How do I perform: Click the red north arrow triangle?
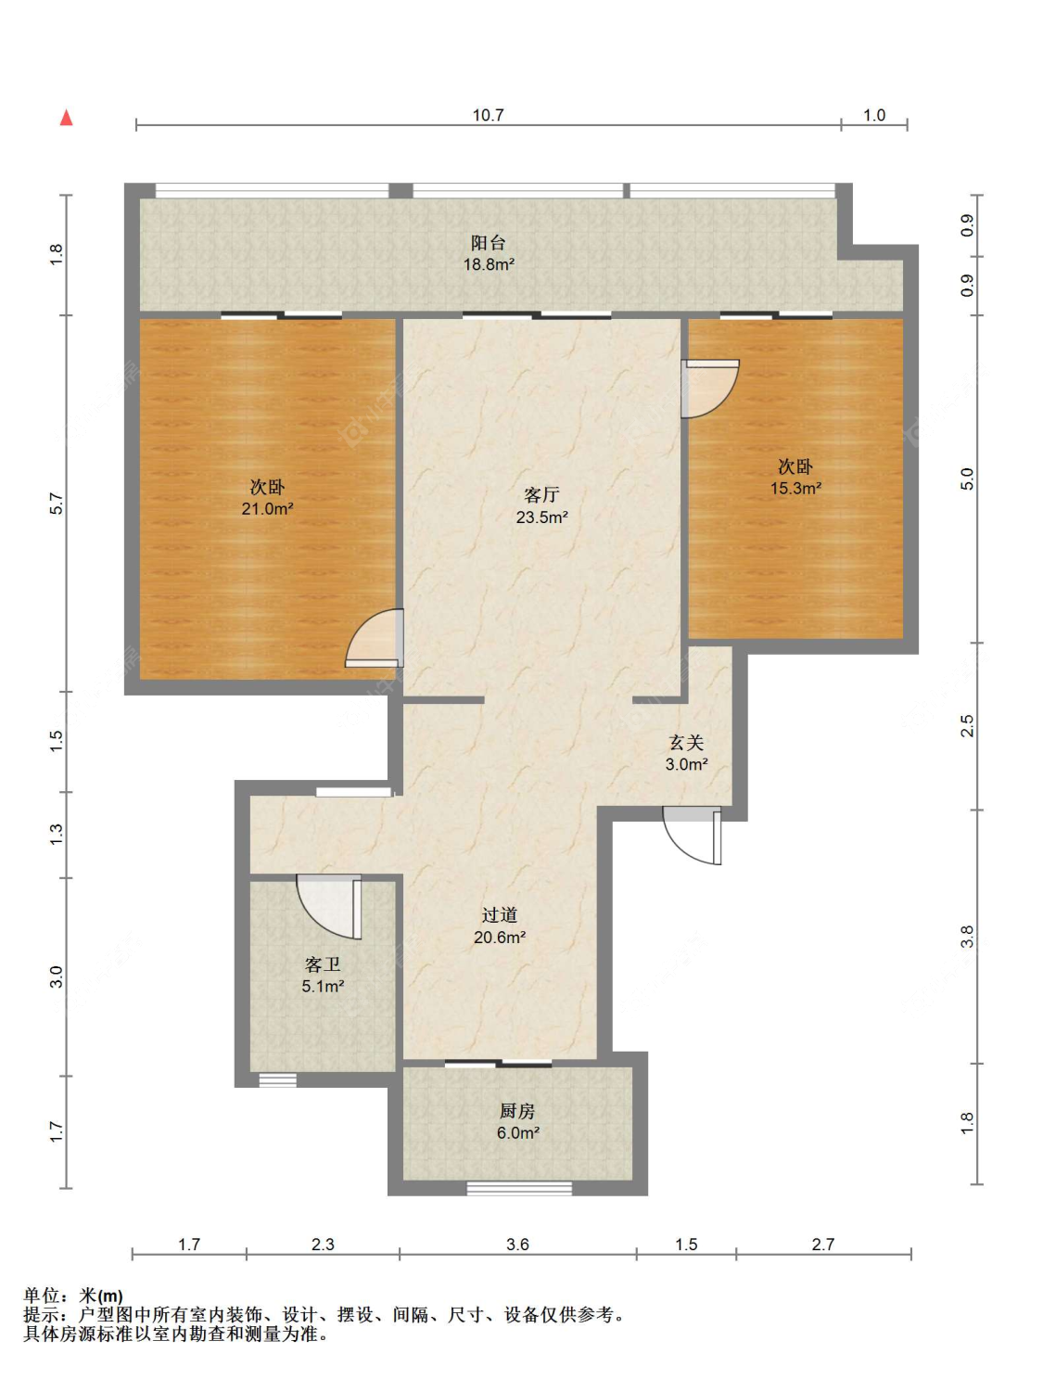66,118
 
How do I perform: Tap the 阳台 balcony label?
488,242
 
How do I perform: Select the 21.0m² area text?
268,508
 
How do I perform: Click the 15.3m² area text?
795,488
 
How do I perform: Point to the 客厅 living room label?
541,495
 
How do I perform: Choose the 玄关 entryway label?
686,743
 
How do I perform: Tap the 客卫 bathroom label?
322,964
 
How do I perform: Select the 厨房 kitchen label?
517,1111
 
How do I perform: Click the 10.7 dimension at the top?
488,115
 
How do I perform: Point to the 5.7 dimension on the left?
57,504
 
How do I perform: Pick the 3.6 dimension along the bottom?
518,1244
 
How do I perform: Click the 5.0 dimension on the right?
968,479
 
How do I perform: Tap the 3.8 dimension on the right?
968,937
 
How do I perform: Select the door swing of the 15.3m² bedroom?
710,389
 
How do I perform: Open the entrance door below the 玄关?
692,836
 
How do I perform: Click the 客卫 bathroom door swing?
329,907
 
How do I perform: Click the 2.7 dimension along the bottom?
822,1244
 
